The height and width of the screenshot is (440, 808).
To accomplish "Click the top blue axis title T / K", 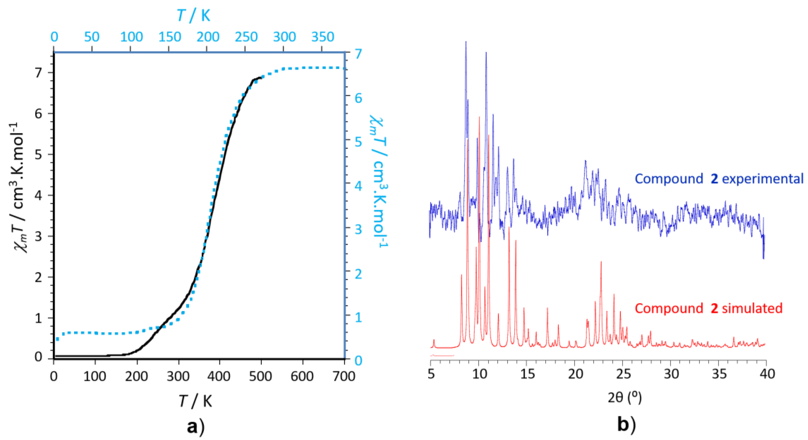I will pos(193,15).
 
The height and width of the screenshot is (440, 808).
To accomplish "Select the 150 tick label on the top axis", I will pos(169,37).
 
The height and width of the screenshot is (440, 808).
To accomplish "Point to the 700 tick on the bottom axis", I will pos(344,376).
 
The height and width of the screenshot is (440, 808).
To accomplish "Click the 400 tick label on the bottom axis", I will pos(219,376).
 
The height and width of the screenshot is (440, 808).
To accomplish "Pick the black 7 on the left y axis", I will pos(38,73).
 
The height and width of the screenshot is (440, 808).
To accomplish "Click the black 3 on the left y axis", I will pos(38,236).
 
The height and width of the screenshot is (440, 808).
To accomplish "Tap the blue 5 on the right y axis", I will pos(358,142).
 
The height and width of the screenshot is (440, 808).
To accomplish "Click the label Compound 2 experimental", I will pos(719,179).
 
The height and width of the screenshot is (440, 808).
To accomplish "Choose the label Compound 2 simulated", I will pos(708,309).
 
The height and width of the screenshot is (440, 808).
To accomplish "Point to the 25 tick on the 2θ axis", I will pos(623,374).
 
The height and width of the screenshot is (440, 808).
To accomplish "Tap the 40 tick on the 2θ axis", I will pos(767,374).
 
